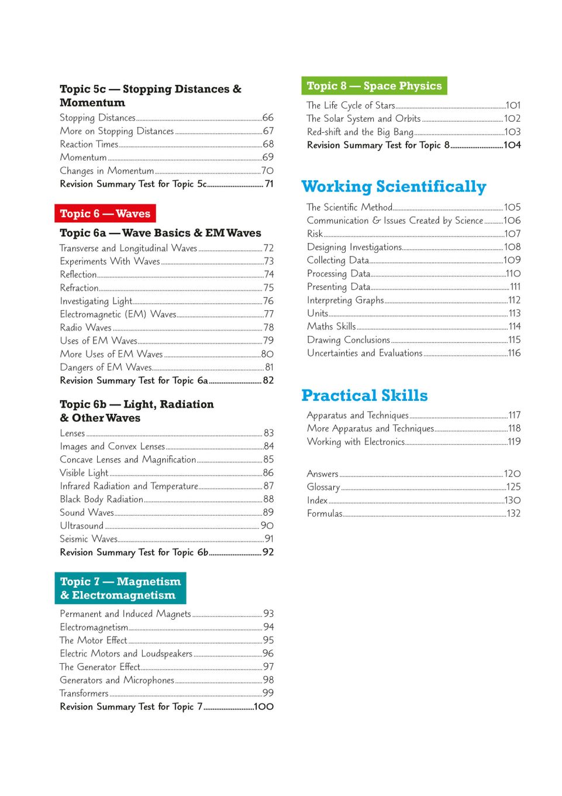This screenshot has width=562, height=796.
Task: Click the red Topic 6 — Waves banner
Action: (105, 214)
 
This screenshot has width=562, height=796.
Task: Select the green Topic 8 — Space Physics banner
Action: (374, 86)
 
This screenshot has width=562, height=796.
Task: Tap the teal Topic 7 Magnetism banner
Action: (120, 588)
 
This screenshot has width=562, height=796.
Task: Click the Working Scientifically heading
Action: (394, 187)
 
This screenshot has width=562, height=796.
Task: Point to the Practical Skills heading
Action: (364, 396)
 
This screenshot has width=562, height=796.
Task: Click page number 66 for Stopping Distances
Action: (268, 118)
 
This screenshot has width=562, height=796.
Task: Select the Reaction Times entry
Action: (89, 144)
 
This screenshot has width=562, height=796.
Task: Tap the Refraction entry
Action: (79, 288)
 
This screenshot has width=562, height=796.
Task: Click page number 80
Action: (267, 354)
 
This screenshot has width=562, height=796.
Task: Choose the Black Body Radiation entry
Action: (102, 499)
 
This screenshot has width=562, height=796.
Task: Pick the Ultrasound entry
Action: (81, 526)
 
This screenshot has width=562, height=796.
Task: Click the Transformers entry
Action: (84, 693)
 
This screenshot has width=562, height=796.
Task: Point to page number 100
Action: (264, 706)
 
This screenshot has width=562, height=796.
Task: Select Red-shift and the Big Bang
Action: (360, 132)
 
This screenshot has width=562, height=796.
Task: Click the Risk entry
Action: (315, 234)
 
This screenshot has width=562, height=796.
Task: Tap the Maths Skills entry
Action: (331, 326)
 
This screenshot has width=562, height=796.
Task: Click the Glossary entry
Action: (323, 487)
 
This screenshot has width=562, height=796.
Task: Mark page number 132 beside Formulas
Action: (513, 513)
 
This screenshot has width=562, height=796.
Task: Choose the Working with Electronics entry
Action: (356, 441)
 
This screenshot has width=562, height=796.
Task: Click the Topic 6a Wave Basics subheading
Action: (160, 233)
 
